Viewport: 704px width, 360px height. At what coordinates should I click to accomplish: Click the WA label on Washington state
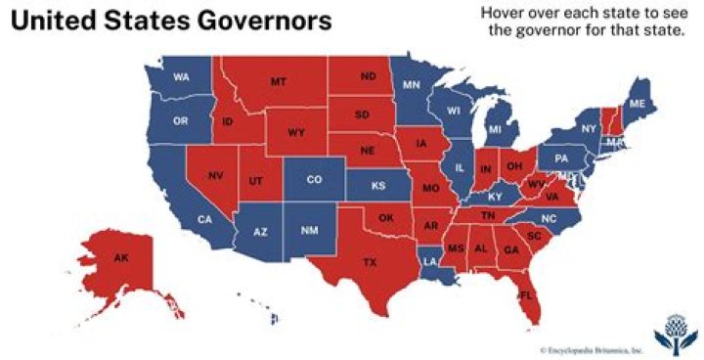(x=181, y=77)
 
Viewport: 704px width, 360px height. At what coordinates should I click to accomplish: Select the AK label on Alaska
(x=121, y=258)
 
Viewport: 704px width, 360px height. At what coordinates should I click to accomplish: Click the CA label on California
(x=204, y=219)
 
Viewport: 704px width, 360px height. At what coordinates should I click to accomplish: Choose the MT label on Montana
(x=278, y=81)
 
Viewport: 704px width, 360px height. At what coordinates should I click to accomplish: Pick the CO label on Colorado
(x=314, y=180)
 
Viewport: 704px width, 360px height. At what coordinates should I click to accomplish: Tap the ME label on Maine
(x=637, y=104)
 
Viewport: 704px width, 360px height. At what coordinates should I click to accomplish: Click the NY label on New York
(x=589, y=129)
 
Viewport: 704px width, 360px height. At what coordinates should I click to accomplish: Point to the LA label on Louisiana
(x=430, y=263)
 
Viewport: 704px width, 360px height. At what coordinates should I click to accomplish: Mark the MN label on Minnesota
(x=412, y=85)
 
